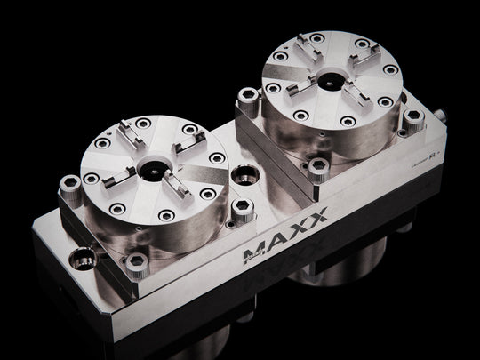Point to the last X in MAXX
315,214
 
